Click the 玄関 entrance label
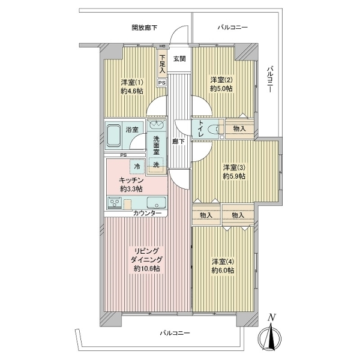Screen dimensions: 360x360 click(x=179, y=59)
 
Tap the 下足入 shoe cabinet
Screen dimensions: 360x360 click(x=163, y=64)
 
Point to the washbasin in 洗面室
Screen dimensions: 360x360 click(x=156, y=125)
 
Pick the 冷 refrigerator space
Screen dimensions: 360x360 click(x=137, y=166)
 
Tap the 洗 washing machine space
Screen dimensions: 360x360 click(x=156, y=164)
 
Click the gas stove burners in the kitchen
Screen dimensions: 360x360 click(x=114, y=203)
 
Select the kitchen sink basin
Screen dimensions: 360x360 click(x=156, y=203)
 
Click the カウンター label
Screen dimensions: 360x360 click(x=147, y=213)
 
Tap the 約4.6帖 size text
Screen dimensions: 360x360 click(x=132, y=91)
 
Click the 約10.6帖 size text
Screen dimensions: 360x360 click(x=147, y=269)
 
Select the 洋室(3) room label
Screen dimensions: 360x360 click(x=234, y=167)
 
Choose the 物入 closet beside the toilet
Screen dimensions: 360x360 click(x=239, y=128)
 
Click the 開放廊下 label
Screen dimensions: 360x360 click(x=145, y=28)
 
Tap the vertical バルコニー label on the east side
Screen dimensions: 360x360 click(x=271, y=79)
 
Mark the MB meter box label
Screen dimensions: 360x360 click(x=162, y=46)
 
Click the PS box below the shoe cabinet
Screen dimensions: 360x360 click(x=162, y=83)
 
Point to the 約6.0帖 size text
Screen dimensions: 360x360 click(x=223, y=270)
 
